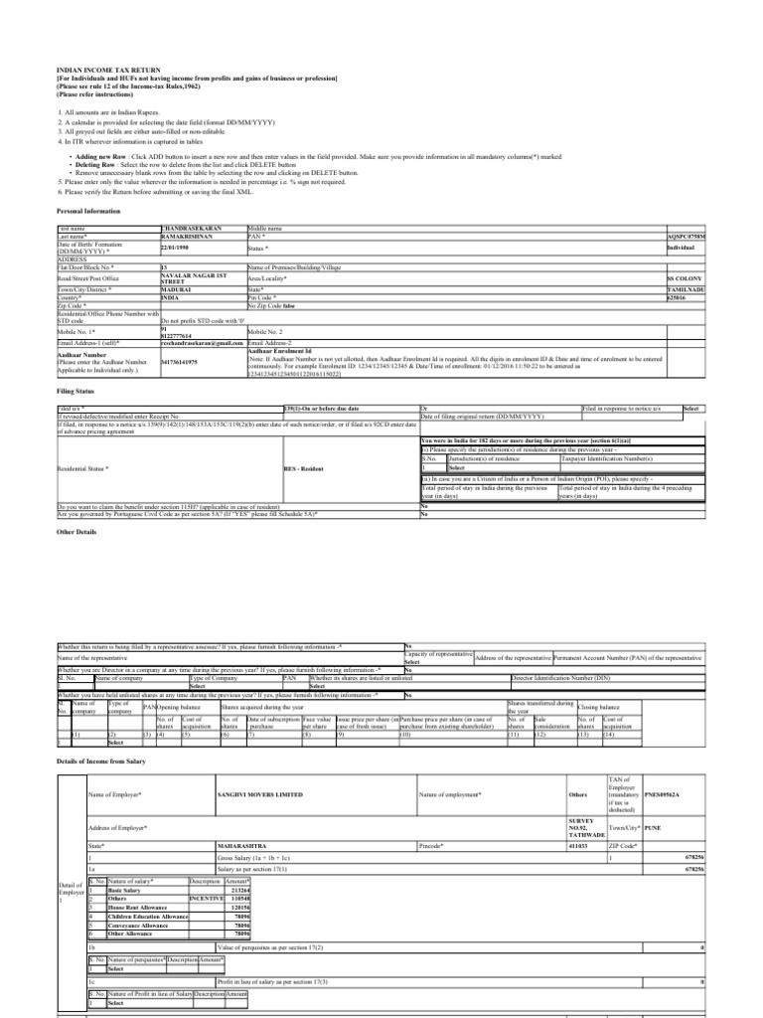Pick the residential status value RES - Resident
click(306, 466)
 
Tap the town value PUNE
click(653, 825)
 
